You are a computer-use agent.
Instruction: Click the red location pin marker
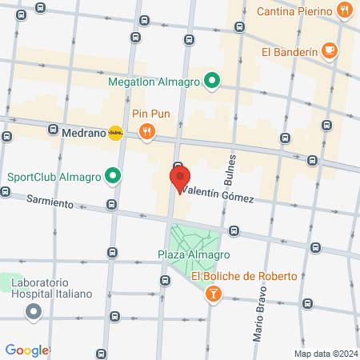click(179, 178)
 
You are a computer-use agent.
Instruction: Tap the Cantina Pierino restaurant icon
click(344, 11)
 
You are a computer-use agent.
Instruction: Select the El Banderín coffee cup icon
click(329, 51)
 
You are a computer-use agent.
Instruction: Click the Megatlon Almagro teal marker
click(211, 80)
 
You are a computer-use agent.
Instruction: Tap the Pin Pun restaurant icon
click(146, 132)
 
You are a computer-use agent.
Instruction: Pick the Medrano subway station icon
click(116, 134)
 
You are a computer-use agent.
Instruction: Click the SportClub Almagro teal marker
click(114, 176)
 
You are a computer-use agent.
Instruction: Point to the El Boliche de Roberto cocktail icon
click(213, 295)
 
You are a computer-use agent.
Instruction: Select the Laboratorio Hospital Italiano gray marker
click(33, 312)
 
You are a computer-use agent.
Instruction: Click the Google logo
click(27, 350)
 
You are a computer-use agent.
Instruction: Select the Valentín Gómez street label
click(218, 195)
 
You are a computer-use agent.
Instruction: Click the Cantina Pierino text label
click(294, 11)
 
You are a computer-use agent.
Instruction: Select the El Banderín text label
click(289, 52)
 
